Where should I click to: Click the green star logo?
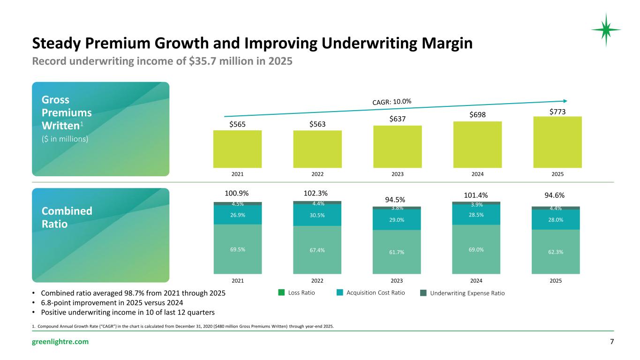point(606,30)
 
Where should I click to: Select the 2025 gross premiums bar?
point(557,142)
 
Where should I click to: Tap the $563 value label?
point(317,124)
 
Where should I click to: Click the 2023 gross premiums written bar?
point(398,147)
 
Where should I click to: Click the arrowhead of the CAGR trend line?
point(565,101)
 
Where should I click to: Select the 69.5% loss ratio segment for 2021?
point(238,248)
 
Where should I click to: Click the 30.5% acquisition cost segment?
point(317,215)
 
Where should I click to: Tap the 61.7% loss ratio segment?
point(397,252)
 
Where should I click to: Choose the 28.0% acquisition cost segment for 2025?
point(556,219)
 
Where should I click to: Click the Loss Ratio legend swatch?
point(281,292)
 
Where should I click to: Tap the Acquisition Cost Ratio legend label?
point(376,293)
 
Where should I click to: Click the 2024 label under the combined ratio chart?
point(476,281)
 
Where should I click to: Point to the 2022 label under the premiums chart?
point(317,174)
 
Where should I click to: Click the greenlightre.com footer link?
point(60,342)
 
